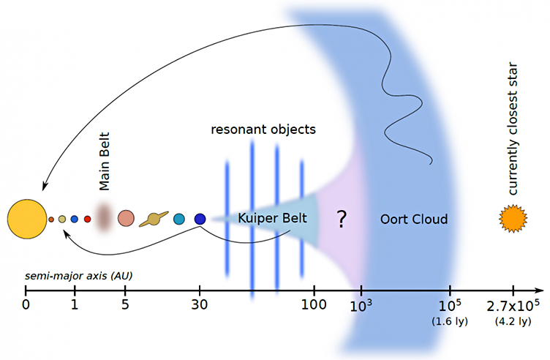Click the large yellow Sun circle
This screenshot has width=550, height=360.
click(x=27, y=220)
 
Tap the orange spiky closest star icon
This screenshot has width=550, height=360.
click(x=513, y=219)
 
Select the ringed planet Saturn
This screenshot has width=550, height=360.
click(x=154, y=220)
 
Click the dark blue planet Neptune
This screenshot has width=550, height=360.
click(x=200, y=219)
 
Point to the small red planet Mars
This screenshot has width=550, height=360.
click(x=87, y=220)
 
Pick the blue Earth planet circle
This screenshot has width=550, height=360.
click(x=74, y=220)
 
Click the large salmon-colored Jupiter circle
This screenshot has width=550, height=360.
click(x=126, y=218)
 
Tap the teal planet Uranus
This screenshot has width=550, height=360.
click(x=179, y=219)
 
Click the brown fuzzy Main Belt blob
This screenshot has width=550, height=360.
click(x=103, y=217)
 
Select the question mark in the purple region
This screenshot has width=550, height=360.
click(x=342, y=220)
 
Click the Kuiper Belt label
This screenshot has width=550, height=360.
click(x=272, y=218)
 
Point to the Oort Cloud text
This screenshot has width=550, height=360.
click(x=414, y=220)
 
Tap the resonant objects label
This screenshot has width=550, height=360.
click(x=263, y=130)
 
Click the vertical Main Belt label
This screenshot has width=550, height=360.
click(x=105, y=162)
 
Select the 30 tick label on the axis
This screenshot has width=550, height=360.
click(x=200, y=304)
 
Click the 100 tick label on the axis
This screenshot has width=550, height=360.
click(x=314, y=304)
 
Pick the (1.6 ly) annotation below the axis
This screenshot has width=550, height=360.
click(x=450, y=321)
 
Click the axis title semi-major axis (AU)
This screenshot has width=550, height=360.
click(x=78, y=276)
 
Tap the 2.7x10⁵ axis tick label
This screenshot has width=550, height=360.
click(x=513, y=306)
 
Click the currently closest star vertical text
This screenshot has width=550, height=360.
click(x=512, y=129)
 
